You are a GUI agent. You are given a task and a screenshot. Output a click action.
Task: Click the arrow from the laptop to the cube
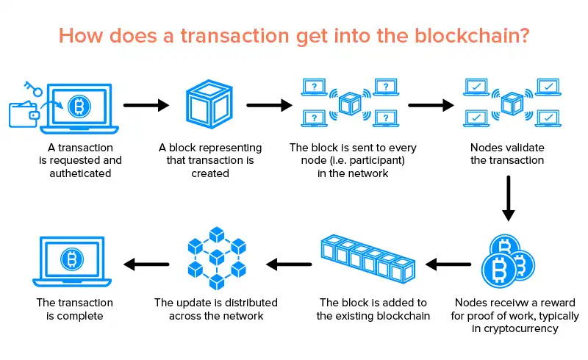pos(146,106)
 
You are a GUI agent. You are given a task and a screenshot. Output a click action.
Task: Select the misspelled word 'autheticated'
pos(81,174)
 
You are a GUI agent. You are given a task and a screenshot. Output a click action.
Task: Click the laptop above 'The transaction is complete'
pos(71,260)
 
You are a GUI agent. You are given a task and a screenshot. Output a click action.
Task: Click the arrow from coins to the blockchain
pos(448,262)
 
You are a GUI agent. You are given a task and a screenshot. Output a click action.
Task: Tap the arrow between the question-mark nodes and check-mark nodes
pos(431,106)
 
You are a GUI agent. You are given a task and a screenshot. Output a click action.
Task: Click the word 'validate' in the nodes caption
pos(525,148)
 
